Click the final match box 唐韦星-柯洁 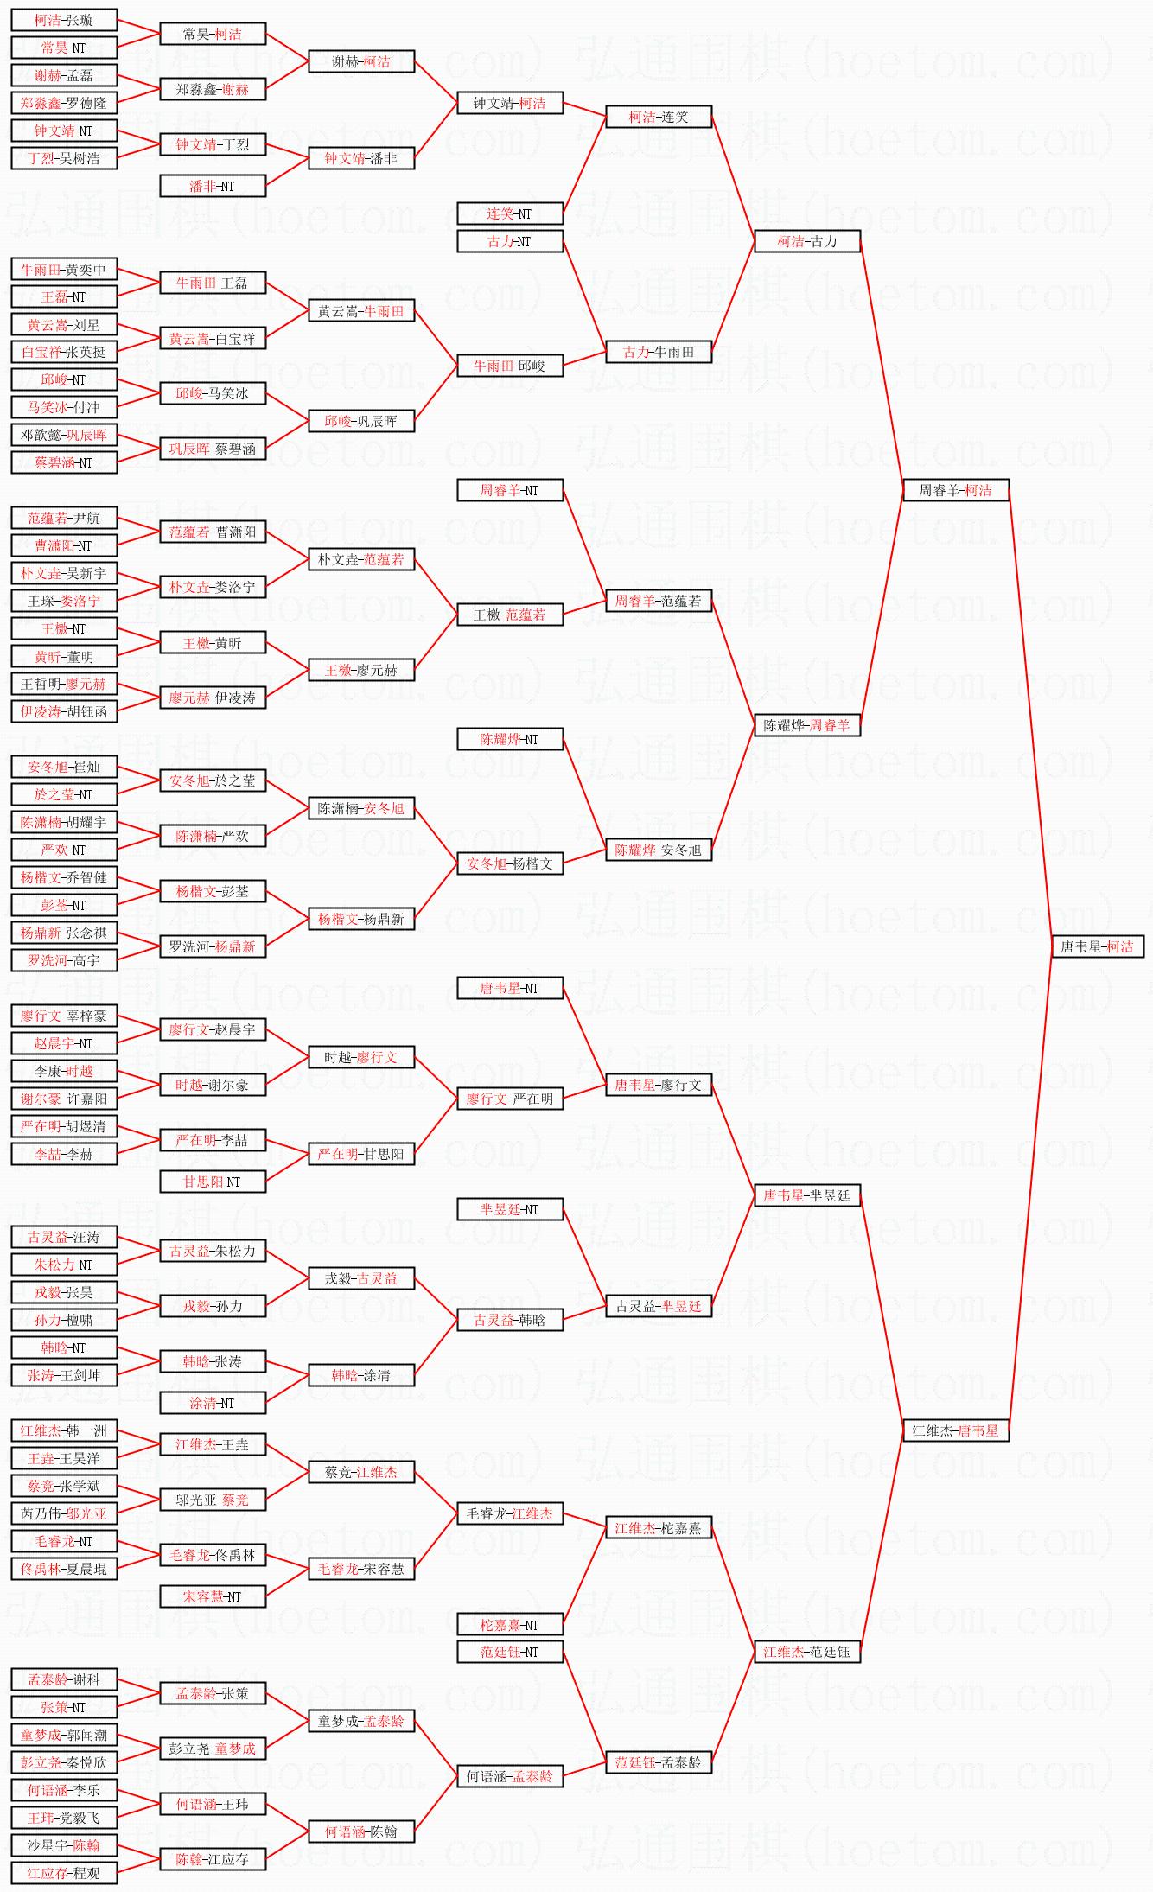pyautogui.click(x=1097, y=946)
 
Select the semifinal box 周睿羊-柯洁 pyautogui.click(x=955, y=490)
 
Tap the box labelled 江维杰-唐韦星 pyautogui.click(x=955, y=1430)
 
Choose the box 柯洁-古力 pyautogui.click(x=806, y=241)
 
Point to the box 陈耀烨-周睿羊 pyautogui.click(x=806, y=725)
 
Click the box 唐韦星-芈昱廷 pyautogui.click(x=806, y=1195)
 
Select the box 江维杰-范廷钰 pyautogui.click(x=806, y=1652)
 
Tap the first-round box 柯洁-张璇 pyautogui.click(x=64, y=20)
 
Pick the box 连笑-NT pyautogui.click(x=509, y=213)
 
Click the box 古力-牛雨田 pyautogui.click(x=659, y=352)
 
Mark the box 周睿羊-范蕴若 pyautogui.click(x=659, y=601)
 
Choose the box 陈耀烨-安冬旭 pyautogui.click(x=659, y=850)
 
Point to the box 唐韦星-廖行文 pyautogui.click(x=659, y=1085)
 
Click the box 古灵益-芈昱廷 pyautogui.click(x=659, y=1306)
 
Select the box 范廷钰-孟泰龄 pyautogui.click(x=659, y=1762)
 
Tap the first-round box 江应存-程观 pyautogui.click(x=64, y=1873)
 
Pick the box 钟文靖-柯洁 pyautogui.click(x=509, y=103)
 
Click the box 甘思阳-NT pyautogui.click(x=212, y=1182)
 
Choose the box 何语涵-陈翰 pyautogui.click(x=361, y=1831)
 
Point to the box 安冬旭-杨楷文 pyautogui.click(x=509, y=863)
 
